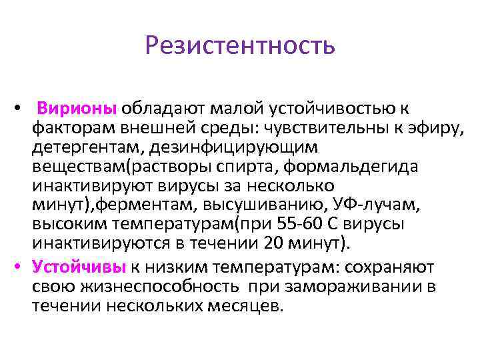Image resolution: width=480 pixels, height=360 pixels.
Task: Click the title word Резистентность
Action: pos(239,46)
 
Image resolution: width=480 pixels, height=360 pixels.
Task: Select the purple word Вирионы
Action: pos(77,108)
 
